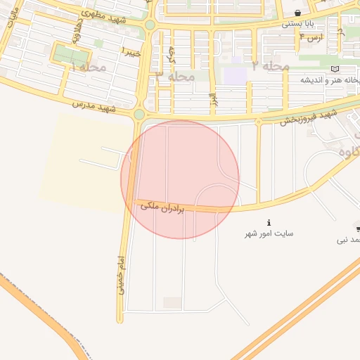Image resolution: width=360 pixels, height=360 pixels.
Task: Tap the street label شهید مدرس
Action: [x=94, y=106]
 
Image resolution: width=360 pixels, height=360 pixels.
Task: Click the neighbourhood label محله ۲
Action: [x=269, y=65]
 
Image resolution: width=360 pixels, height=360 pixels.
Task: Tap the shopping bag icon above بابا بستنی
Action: [x=299, y=13]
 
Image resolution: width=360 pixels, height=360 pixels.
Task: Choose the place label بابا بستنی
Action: [x=298, y=24]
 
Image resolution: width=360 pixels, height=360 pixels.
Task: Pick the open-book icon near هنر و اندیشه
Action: [x=335, y=68]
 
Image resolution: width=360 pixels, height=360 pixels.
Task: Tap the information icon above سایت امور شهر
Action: [x=269, y=222]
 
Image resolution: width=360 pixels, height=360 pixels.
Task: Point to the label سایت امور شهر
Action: [x=269, y=233]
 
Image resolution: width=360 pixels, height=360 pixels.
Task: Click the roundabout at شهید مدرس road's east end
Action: [x=139, y=115]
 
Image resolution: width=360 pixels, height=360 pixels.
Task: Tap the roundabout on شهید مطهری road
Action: [x=150, y=25]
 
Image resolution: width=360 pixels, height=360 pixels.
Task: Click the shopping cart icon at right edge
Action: [x=358, y=229]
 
